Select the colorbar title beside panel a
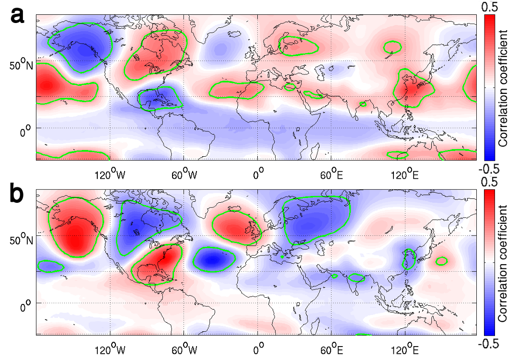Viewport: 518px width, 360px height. point(503,87)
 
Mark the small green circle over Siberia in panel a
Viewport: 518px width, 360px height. point(392,47)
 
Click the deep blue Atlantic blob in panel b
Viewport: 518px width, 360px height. point(213,260)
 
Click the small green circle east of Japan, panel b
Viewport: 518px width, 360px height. point(441,261)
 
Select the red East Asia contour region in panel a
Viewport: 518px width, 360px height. point(413,90)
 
